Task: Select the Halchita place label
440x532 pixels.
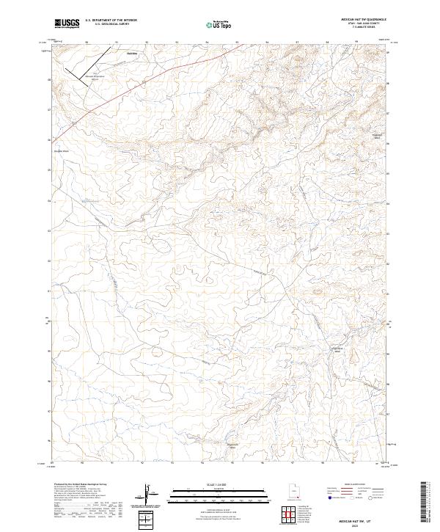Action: click(x=132, y=53)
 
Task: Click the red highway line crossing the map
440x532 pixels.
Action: click(x=147, y=80)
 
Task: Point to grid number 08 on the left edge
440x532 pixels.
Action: click(x=49, y=80)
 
